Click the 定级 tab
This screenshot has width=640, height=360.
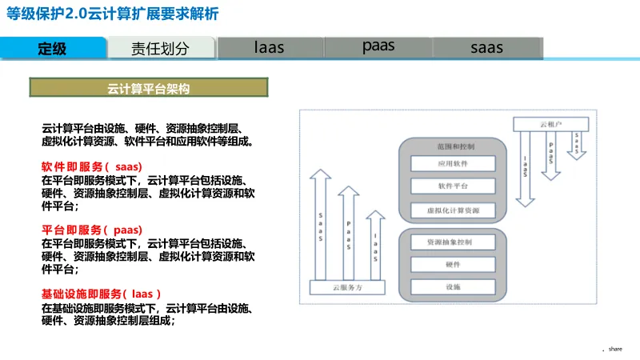(x=53, y=48)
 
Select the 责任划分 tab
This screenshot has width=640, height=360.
(x=161, y=48)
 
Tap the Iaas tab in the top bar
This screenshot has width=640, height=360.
(x=270, y=47)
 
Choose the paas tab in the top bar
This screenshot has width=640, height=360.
(x=378, y=46)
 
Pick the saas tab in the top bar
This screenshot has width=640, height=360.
(x=486, y=47)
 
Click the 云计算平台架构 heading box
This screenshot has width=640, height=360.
(x=149, y=87)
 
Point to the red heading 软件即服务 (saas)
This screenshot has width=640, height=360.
(x=91, y=166)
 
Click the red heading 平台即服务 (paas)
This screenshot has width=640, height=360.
(x=91, y=230)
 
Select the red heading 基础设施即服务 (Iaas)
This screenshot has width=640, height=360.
(x=101, y=293)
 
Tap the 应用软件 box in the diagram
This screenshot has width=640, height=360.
(x=453, y=163)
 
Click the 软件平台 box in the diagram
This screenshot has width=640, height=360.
(x=453, y=186)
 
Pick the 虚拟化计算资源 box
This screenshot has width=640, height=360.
(x=453, y=210)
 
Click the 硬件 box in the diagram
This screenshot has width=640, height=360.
(x=453, y=264)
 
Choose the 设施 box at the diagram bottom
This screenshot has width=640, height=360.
(x=453, y=286)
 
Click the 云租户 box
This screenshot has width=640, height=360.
(x=551, y=124)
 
